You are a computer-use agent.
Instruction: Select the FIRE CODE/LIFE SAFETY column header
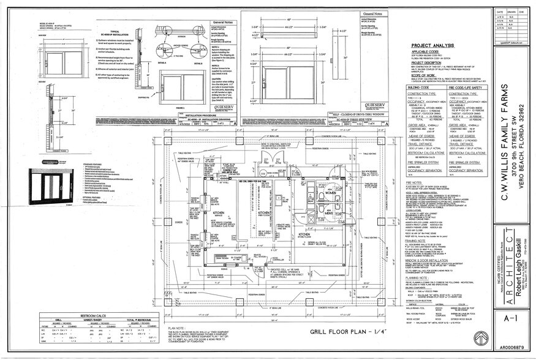pos(466,88)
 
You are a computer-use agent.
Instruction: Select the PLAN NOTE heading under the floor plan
pos(176,327)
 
